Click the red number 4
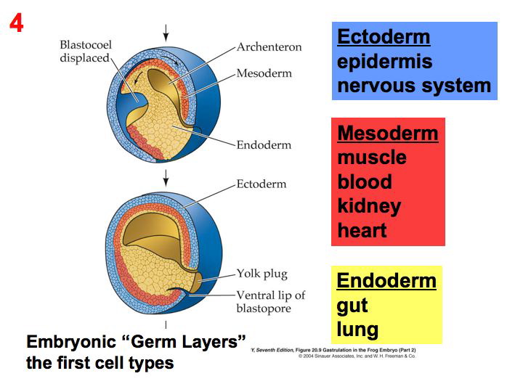point(17,23)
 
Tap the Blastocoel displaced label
point(84,52)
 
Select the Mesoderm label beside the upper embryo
point(264,73)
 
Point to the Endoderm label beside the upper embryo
point(264,144)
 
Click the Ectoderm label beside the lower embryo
point(261,184)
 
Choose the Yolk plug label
point(262,274)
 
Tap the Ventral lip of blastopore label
point(270,301)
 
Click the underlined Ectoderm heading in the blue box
point(384,37)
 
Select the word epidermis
point(384,61)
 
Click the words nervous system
point(414,86)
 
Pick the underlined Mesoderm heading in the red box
point(388,134)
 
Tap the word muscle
point(372,158)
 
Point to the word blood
point(365,181)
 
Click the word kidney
point(369,206)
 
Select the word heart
point(362,231)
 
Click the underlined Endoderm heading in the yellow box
point(386,281)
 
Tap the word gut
point(352,306)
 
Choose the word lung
point(357,330)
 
